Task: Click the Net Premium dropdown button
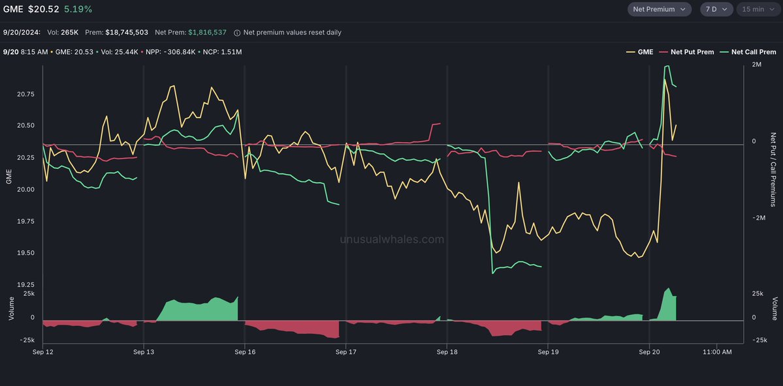[x=659, y=9]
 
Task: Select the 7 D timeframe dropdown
[x=715, y=9]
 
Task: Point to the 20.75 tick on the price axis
[x=25, y=95]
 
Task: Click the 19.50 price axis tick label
[x=25, y=253]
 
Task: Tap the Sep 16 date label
[x=245, y=352]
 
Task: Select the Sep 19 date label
[x=548, y=352]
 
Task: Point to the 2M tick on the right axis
[x=757, y=65]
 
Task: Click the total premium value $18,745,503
[x=127, y=32]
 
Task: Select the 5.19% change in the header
[x=78, y=9]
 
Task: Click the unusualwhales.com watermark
[x=392, y=239]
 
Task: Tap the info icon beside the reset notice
[x=237, y=32]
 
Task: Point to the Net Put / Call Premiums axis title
[x=773, y=170]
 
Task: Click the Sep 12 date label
[x=42, y=352]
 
